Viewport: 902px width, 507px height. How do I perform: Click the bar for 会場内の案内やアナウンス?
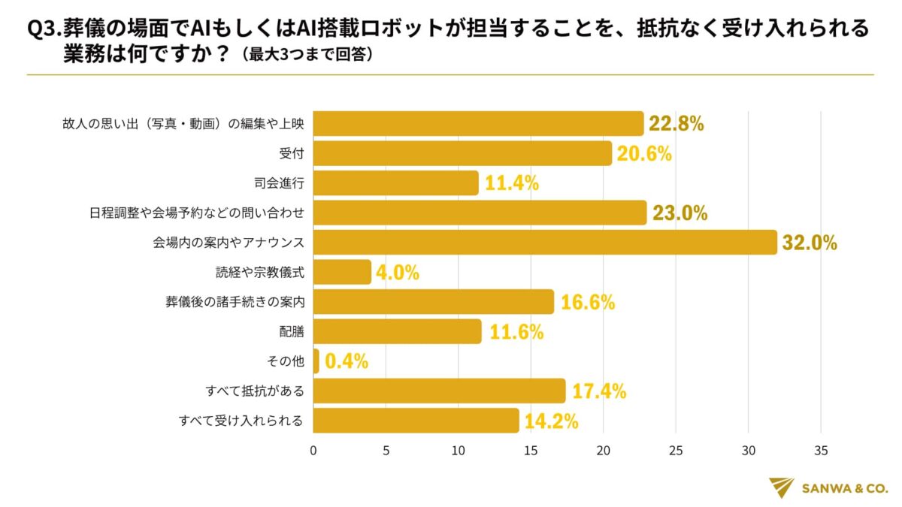[544, 242]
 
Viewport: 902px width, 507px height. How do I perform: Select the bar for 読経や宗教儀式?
[342, 272]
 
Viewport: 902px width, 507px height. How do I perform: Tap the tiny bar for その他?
[316, 361]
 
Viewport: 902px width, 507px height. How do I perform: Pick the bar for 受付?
[462, 153]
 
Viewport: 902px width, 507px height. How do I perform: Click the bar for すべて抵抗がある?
[439, 391]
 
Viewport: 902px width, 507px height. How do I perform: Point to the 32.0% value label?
[810, 243]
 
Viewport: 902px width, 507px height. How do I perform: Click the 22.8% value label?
[676, 124]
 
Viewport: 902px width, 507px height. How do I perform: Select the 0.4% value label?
[347, 361]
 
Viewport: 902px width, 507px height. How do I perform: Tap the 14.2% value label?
[551, 421]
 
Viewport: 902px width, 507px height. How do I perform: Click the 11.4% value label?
[510, 183]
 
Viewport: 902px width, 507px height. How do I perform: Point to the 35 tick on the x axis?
[821, 451]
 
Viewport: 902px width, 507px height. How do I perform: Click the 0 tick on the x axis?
[313, 451]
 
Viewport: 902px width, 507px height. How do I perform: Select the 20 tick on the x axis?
[604, 451]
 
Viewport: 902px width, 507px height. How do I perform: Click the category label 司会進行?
[280, 183]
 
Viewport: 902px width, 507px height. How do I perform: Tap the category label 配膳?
[292, 331]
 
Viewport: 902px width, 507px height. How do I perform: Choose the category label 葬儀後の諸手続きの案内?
[235, 302]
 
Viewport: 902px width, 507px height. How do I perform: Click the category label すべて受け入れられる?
[241, 421]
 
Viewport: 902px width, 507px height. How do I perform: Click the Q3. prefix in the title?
[44, 29]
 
